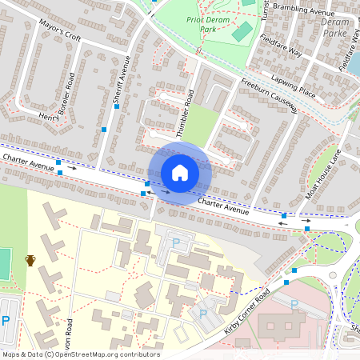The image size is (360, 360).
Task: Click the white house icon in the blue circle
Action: (180, 172)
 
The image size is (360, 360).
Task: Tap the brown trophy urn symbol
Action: (31, 260)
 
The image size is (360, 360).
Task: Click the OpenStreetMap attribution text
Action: (80, 354)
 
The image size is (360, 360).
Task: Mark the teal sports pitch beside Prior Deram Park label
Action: (242, 33)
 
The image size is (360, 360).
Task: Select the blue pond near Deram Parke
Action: (354, 63)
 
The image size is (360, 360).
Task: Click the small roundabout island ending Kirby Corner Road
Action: (333, 276)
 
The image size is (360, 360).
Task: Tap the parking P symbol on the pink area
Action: (294, 305)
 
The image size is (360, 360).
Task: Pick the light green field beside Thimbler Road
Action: (203, 123)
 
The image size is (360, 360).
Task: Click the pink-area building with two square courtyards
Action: (276, 326)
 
